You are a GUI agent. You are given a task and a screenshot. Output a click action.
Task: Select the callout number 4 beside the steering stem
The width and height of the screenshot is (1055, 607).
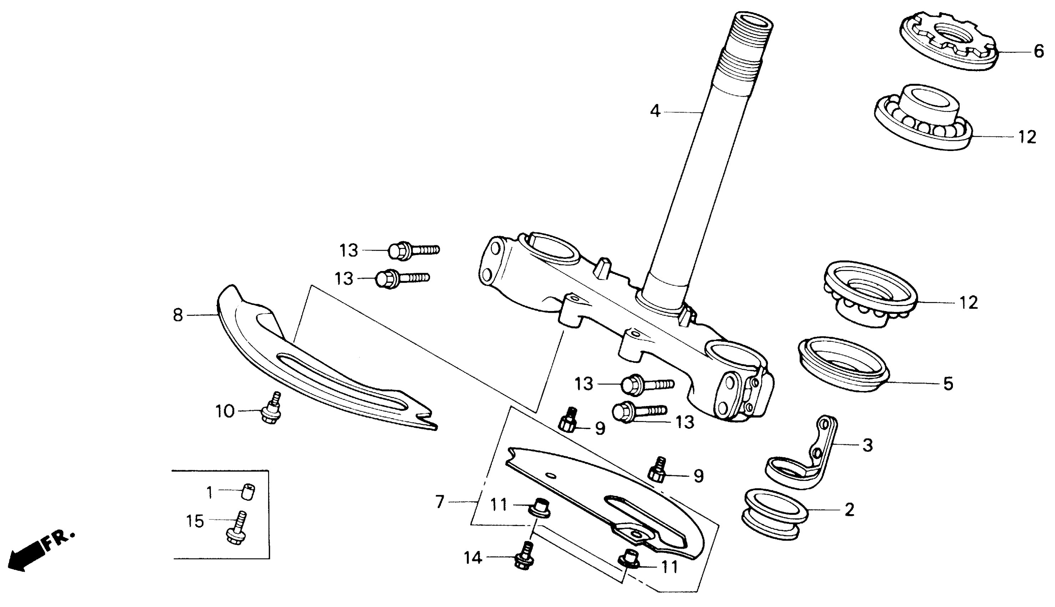655,111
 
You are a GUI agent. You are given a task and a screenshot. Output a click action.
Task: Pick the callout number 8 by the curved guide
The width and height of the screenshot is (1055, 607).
178,315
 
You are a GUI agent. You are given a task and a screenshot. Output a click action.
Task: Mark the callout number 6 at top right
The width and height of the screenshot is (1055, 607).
1039,51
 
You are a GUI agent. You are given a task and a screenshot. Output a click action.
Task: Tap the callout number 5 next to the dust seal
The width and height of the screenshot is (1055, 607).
948,383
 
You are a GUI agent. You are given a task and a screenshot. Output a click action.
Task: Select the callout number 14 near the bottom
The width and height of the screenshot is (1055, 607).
473,558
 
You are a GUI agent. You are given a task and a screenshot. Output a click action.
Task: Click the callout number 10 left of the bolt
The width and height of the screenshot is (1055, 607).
225,411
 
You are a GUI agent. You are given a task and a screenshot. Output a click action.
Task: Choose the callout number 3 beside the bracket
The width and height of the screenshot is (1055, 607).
868,445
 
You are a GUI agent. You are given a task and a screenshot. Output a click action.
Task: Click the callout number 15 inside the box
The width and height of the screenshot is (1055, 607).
195,521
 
